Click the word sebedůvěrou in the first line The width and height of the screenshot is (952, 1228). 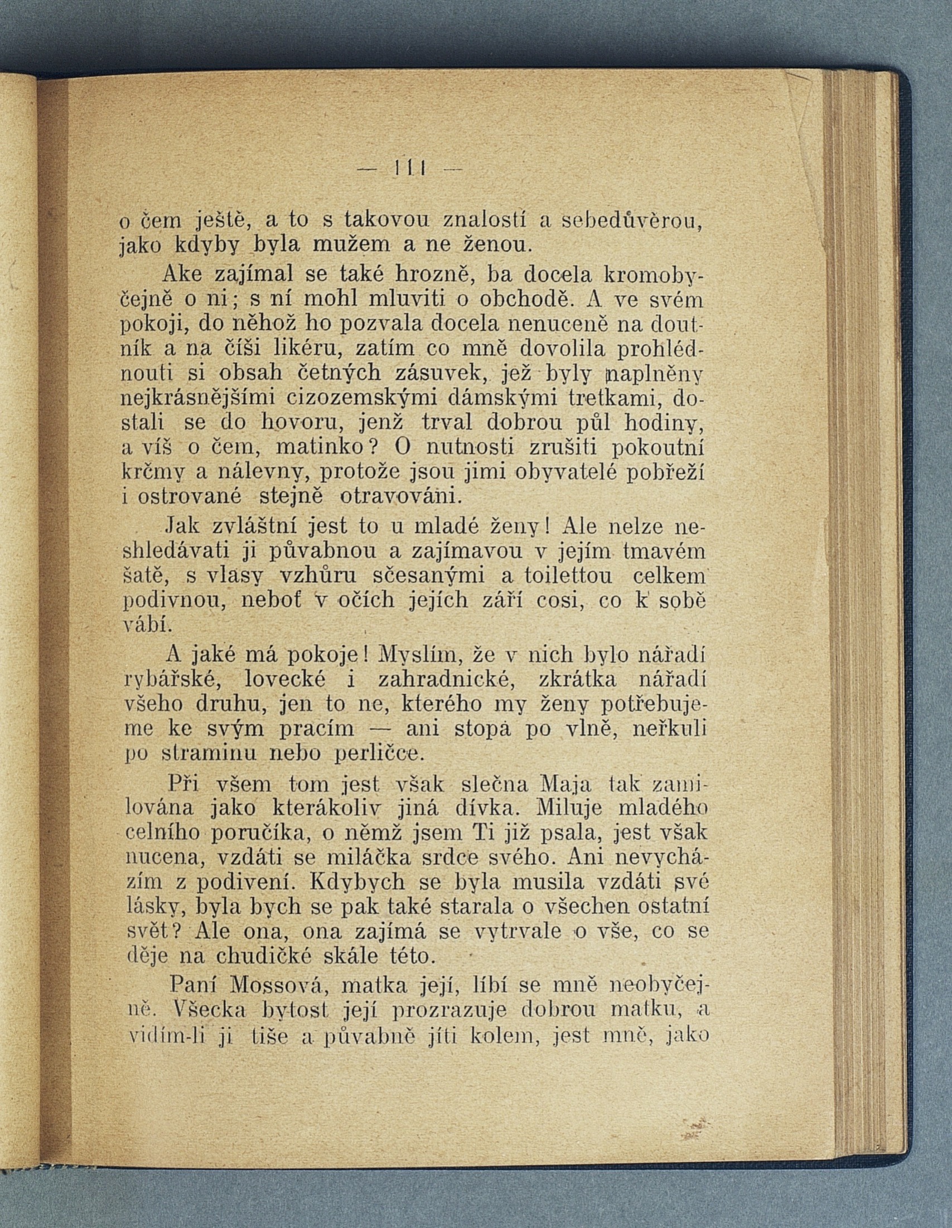[633, 220]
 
